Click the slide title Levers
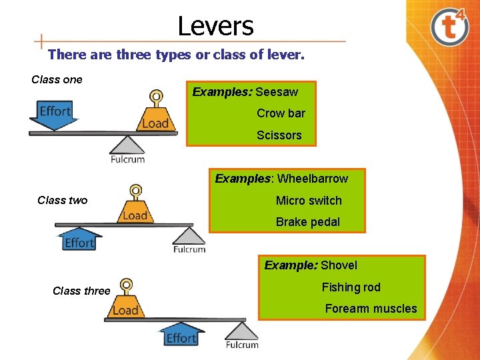(215, 26)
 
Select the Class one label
(57, 80)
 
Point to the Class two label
(62, 201)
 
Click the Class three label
(81, 291)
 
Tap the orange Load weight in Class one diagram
(156, 118)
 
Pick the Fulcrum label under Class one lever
(127, 159)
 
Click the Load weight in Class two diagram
(135, 211)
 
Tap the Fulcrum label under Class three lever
(241, 345)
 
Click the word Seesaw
(277, 92)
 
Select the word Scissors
(279, 135)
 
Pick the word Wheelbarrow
(313, 179)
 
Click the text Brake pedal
(308, 222)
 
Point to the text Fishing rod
(351, 287)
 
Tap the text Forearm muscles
(371, 309)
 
